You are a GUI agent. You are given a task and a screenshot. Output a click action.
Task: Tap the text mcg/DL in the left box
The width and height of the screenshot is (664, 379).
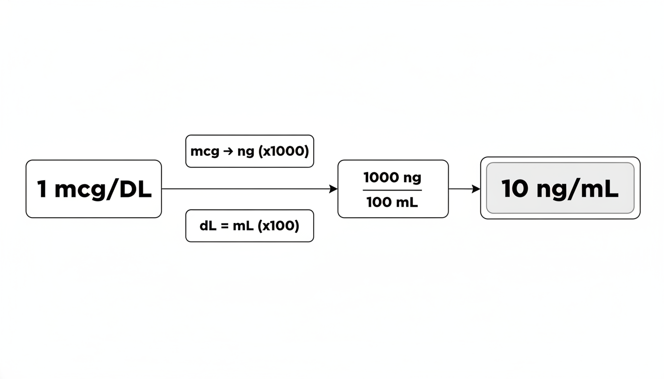(x=103, y=190)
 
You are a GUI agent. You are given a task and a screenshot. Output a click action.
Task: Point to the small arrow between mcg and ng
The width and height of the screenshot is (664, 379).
(x=228, y=152)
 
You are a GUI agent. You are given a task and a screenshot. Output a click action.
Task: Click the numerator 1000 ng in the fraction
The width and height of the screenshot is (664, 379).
(x=392, y=177)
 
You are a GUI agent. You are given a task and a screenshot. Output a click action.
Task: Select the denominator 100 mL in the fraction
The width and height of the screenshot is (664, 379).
(x=392, y=202)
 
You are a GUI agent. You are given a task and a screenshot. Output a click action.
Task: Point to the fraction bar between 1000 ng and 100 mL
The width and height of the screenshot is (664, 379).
(x=392, y=190)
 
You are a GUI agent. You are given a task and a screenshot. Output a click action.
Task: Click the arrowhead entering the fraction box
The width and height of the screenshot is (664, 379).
(x=333, y=189)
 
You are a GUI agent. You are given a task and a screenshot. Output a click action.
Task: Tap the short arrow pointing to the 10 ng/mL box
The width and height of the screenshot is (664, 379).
(x=464, y=189)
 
